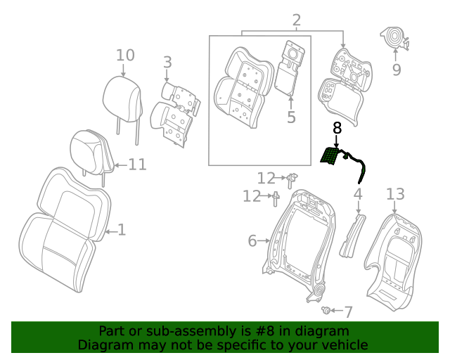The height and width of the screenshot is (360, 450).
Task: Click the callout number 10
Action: coord(124,55)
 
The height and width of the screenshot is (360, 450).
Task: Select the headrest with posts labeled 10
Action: coord(123,94)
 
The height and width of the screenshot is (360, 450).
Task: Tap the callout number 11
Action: coord(137,165)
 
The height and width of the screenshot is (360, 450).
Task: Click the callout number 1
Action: coord(121,230)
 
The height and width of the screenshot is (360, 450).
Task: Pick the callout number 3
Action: coord(167,63)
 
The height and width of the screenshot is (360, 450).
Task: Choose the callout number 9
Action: coord(396,70)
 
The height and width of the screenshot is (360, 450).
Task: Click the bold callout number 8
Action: coord(337,128)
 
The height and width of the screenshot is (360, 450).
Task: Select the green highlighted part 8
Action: coord(329,156)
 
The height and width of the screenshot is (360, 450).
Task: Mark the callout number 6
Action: coord(253,241)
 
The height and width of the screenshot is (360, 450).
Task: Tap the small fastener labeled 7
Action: coord(326,309)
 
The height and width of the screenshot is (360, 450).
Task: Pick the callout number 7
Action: coord(348,311)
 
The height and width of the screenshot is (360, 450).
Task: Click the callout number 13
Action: coord(396,193)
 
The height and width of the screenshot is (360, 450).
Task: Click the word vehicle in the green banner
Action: coord(342,345)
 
